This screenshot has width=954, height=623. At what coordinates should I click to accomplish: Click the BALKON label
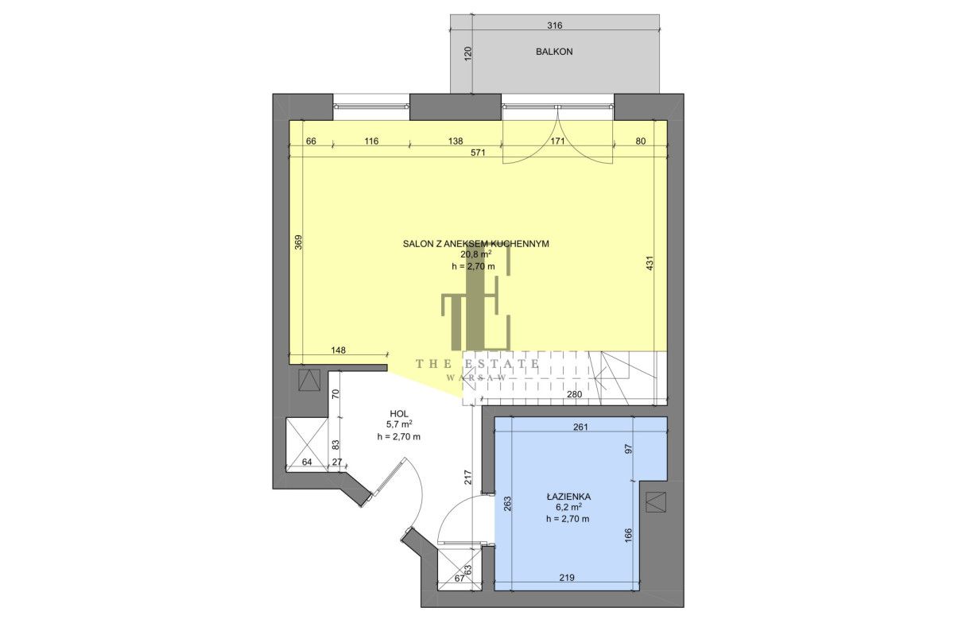click(554, 52)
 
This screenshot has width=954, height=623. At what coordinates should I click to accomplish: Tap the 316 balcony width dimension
click(555, 25)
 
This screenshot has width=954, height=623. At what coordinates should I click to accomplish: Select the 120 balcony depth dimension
click(467, 54)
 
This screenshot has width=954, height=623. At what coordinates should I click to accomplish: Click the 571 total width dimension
click(479, 153)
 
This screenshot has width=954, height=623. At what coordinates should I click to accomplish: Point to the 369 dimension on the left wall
click(299, 242)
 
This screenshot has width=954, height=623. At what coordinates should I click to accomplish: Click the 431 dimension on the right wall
click(650, 263)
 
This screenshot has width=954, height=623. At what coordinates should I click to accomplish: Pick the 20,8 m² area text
click(476, 254)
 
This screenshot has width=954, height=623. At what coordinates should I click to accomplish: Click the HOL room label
click(399, 413)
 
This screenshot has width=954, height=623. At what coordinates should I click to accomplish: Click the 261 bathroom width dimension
click(580, 427)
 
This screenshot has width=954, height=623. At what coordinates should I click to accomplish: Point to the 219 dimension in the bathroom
click(567, 578)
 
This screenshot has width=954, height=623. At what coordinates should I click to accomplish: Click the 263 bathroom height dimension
click(507, 504)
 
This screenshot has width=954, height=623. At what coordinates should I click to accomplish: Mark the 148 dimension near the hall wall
click(338, 350)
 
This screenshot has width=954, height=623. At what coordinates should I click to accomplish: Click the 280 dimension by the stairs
click(574, 394)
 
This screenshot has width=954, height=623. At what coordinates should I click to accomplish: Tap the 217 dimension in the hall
click(467, 478)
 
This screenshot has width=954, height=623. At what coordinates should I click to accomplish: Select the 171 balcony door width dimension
click(558, 141)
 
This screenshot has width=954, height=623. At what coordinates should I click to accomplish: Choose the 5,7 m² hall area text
click(399, 425)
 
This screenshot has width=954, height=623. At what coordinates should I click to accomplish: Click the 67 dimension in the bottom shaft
click(460, 578)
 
